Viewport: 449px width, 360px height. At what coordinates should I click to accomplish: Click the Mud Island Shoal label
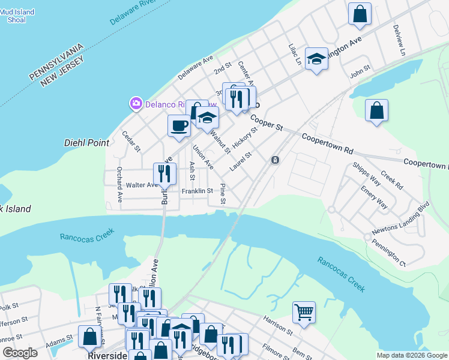pyautogui.click(x=17, y=16)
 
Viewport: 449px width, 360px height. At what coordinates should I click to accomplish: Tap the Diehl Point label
pyautogui.click(x=86, y=143)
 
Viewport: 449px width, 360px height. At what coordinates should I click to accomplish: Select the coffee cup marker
pyautogui.click(x=179, y=126)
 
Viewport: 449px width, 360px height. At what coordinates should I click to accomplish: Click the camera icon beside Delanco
pyautogui.click(x=136, y=104)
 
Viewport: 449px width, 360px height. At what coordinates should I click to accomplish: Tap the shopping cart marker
pyautogui.click(x=304, y=312)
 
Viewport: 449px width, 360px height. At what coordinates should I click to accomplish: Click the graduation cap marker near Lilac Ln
pyautogui.click(x=316, y=59)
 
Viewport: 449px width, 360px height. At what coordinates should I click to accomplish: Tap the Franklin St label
pyautogui.click(x=197, y=191)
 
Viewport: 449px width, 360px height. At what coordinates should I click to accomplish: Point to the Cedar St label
pyautogui.click(x=131, y=141)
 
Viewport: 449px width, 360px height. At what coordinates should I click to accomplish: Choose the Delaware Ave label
pyautogui.click(x=196, y=69)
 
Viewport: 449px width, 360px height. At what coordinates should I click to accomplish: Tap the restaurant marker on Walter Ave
pyautogui.click(x=164, y=174)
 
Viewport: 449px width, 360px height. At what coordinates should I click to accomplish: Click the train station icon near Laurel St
pyautogui.click(x=275, y=160)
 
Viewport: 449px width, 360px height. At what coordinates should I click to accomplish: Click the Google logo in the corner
pyautogui.click(x=20, y=353)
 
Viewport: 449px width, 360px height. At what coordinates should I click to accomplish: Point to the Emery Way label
pyautogui.click(x=374, y=197)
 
